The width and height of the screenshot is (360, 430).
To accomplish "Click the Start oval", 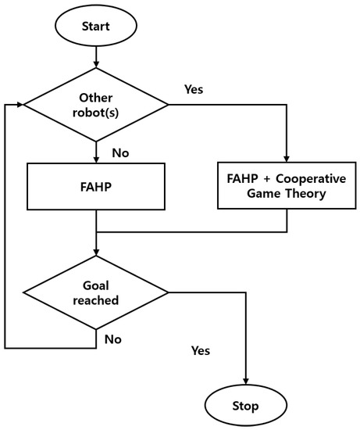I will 95,26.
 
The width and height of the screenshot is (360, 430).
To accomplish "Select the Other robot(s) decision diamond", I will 95,104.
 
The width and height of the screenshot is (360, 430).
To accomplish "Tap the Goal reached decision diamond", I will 95,292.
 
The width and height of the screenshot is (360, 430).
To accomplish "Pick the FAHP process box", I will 95,186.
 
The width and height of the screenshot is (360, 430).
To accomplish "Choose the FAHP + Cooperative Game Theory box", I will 287,186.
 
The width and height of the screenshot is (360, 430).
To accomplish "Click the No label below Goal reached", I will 114,339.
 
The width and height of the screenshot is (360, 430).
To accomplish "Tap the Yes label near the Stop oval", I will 201,351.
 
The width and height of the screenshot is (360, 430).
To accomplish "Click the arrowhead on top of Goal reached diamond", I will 95,251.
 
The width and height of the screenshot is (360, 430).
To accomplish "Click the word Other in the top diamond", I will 95,97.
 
